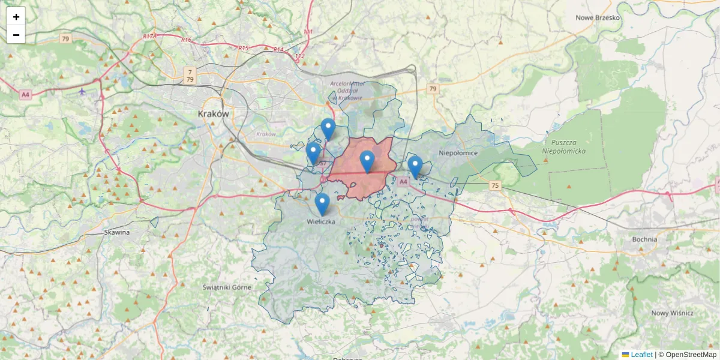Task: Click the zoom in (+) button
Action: click(16, 17)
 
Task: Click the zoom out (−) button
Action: click(16, 35)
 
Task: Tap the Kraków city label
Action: click(214, 113)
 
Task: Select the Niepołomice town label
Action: click(458, 153)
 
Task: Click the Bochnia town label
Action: click(645, 239)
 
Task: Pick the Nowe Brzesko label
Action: click(598, 17)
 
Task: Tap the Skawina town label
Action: click(117, 232)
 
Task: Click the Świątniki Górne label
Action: click(227, 287)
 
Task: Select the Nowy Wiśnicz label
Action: click(673, 313)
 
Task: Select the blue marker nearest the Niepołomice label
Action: click(415, 167)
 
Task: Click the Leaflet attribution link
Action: click(641, 355)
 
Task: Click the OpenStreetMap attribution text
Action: click(691, 355)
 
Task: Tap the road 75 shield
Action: click(494, 185)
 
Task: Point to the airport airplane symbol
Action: click(82, 92)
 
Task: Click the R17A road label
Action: click(149, 37)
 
